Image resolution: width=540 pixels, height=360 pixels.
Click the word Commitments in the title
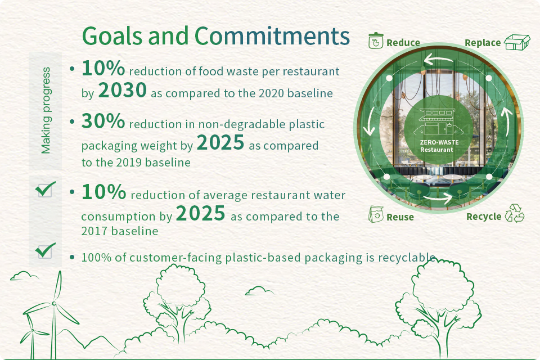coord(272,36)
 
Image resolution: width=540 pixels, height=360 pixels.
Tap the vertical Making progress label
coord(46,110)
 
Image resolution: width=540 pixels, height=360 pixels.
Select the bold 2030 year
coord(123,90)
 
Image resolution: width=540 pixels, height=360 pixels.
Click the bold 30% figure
coord(103,121)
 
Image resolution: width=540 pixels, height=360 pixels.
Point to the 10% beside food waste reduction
coord(103,68)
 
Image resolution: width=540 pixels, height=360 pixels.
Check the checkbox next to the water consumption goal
coord(45,189)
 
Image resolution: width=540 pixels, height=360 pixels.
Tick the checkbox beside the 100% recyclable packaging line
coord(45,250)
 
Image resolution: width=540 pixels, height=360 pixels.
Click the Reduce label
coord(403,43)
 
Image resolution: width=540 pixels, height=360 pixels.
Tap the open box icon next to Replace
coord(517,42)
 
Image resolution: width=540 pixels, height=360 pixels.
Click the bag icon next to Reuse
coord(376,214)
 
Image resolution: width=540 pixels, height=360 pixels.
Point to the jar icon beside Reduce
coord(376,40)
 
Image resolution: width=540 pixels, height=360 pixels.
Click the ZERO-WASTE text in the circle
coord(439,142)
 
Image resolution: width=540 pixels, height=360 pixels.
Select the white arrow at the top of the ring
coord(438,59)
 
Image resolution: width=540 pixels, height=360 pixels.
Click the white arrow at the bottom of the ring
coord(438,197)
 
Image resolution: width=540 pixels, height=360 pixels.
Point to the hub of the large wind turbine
coord(54,303)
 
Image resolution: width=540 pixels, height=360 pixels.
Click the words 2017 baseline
coord(120,231)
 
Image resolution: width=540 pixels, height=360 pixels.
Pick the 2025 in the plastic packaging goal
coord(220,143)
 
